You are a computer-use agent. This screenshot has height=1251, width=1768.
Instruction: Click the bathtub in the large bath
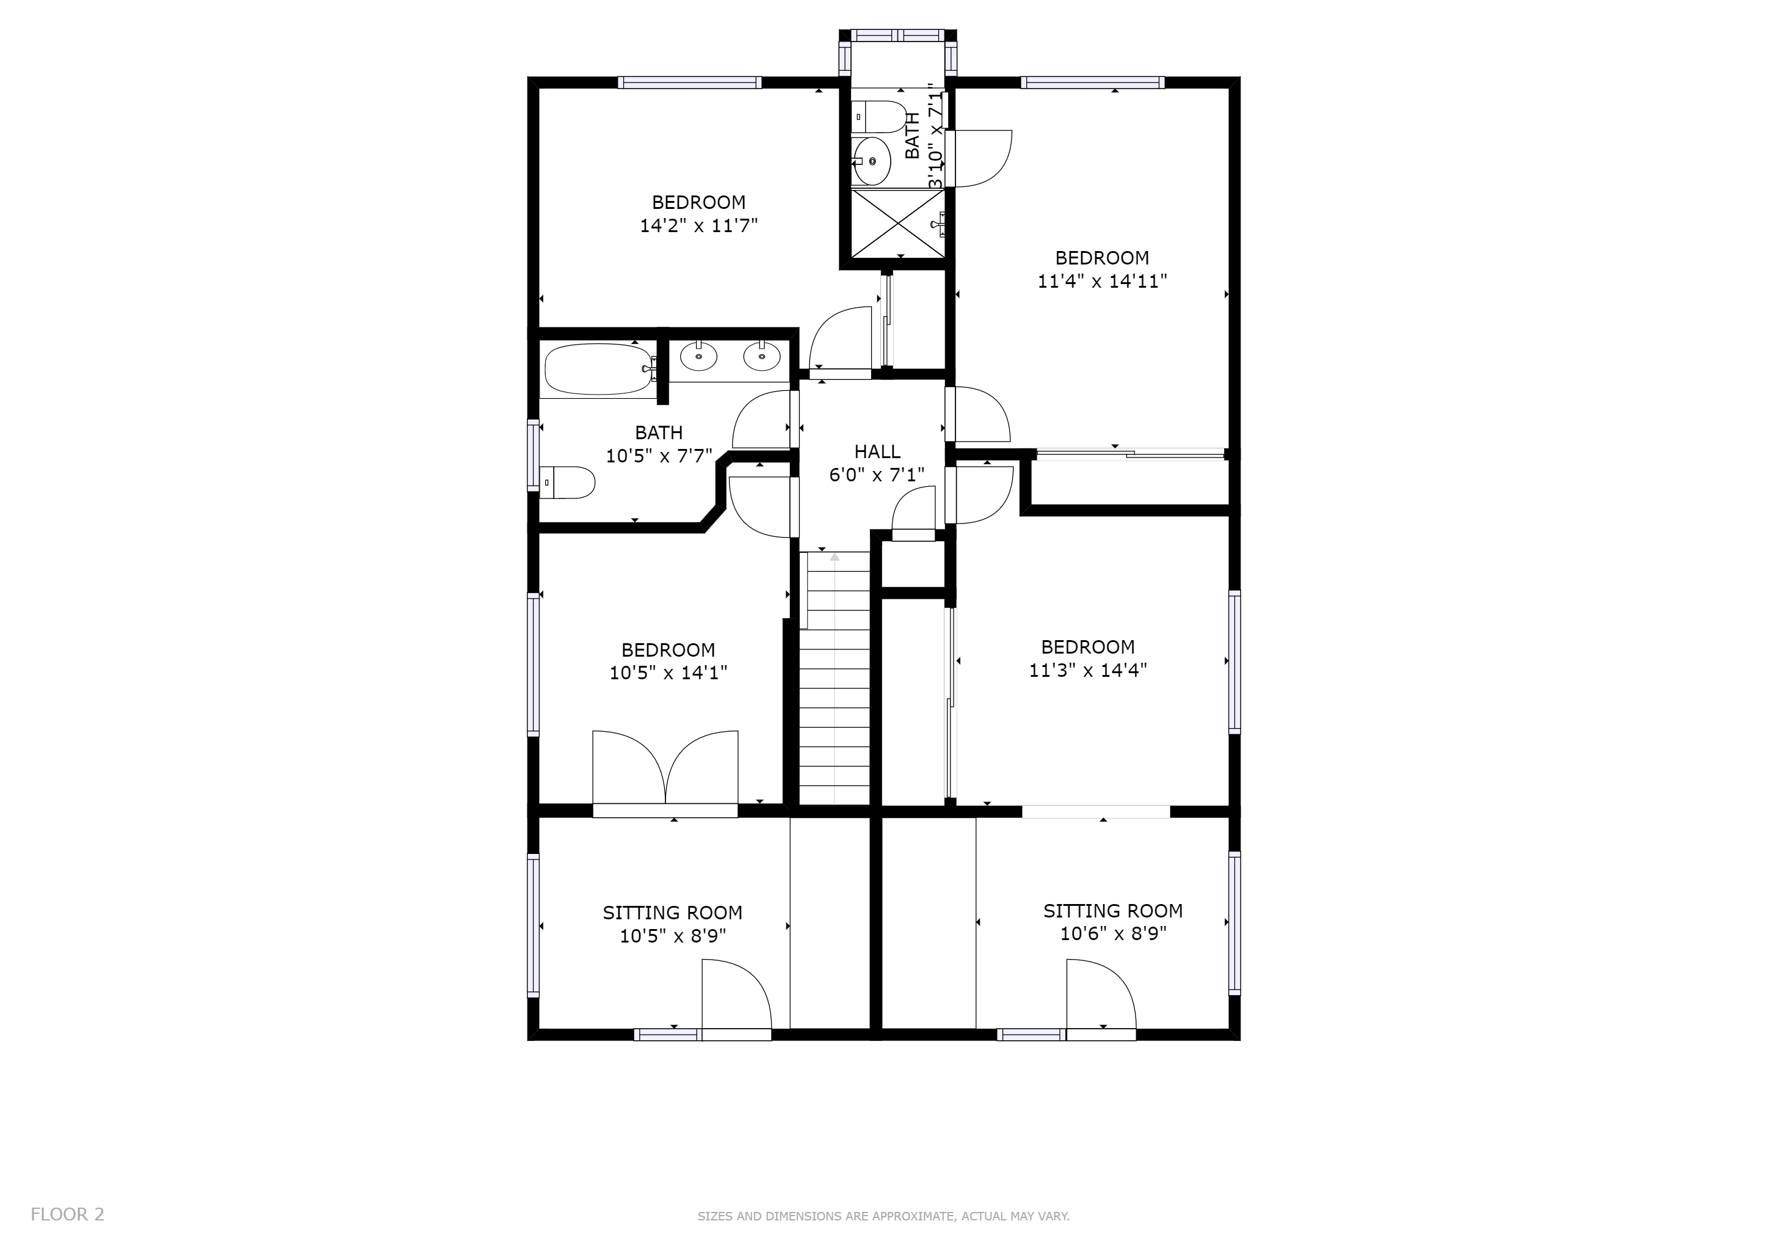(x=598, y=370)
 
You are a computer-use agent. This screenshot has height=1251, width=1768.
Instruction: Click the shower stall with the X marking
(x=898, y=224)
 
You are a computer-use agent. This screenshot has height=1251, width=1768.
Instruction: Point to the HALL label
(x=877, y=451)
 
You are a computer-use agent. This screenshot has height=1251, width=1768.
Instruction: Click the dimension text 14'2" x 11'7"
(x=699, y=225)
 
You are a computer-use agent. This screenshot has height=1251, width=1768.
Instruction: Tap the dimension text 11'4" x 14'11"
(x=1102, y=281)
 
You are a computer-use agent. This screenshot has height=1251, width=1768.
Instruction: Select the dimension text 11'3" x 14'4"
(x=1088, y=670)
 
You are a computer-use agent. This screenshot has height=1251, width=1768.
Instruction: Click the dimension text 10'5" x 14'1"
(x=668, y=673)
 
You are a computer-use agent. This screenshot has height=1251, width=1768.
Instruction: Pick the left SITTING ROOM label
(x=672, y=913)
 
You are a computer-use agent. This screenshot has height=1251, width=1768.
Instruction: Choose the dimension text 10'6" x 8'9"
(x=1114, y=933)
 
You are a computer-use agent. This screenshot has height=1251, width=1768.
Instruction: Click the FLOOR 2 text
(x=68, y=1215)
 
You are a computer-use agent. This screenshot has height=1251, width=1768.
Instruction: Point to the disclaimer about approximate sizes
(x=883, y=1216)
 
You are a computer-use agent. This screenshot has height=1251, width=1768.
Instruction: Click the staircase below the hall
(x=835, y=679)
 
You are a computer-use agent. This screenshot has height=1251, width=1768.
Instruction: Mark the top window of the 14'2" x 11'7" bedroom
(x=690, y=82)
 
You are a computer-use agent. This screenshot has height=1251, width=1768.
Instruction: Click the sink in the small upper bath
(x=872, y=161)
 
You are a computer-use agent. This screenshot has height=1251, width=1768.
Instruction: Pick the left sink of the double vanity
(x=699, y=356)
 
